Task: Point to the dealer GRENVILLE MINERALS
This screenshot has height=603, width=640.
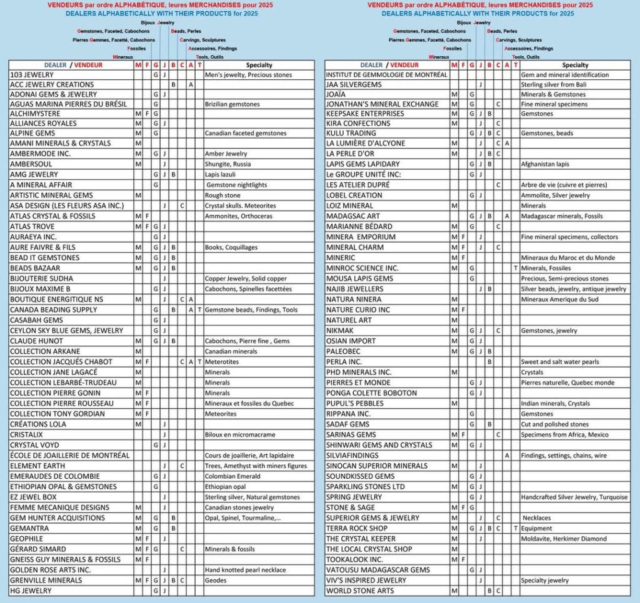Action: point(46,580)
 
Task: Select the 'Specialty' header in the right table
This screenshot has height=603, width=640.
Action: point(575,65)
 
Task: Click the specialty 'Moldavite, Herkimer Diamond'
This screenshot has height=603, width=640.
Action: point(564,539)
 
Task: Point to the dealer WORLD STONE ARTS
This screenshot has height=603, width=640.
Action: point(360,591)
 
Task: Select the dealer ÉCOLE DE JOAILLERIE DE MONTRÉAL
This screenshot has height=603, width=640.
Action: point(69,455)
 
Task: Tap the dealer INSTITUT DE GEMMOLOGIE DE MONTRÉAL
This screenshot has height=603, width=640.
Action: point(387,74)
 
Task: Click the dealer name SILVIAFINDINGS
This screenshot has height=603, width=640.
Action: point(352,455)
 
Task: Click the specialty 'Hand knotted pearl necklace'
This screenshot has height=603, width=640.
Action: point(246,569)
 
